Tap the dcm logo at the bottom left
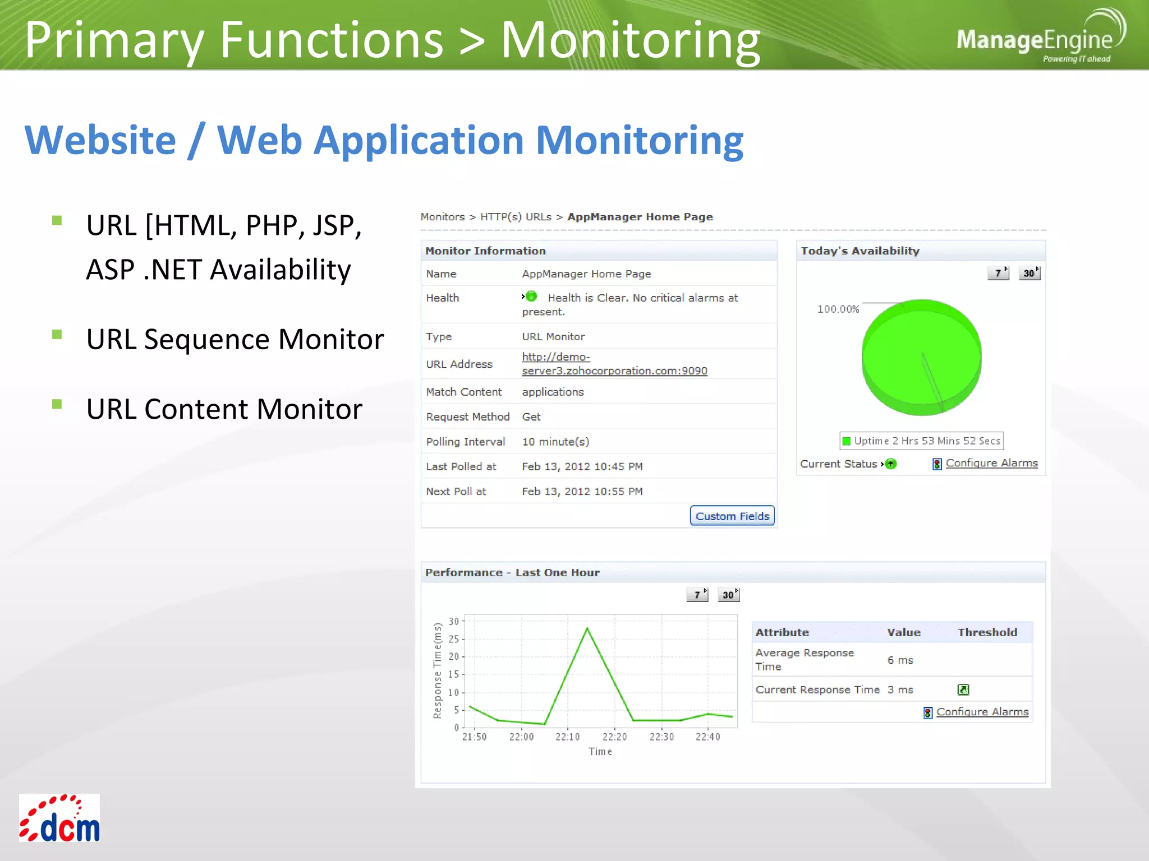tap(59, 818)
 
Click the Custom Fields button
tap(732, 516)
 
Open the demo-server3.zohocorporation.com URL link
tap(614, 364)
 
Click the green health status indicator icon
tap(531, 297)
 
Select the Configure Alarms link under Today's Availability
tap(991, 463)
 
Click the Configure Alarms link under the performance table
tap(982, 712)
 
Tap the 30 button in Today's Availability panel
tap(1029, 273)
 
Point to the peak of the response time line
tap(587, 628)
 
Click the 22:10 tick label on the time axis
tap(568, 737)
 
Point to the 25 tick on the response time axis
tap(453, 639)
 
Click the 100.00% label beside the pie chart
tap(838, 309)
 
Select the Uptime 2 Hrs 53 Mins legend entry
tap(921, 441)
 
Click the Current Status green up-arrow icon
tap(891, 464)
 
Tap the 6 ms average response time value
tap(900, 660)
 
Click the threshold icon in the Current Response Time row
tap(963, 689)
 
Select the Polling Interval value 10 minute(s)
tap(555, 442)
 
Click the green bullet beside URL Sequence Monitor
tap(57, 335)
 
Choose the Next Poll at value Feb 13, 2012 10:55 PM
tap(582, 492)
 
